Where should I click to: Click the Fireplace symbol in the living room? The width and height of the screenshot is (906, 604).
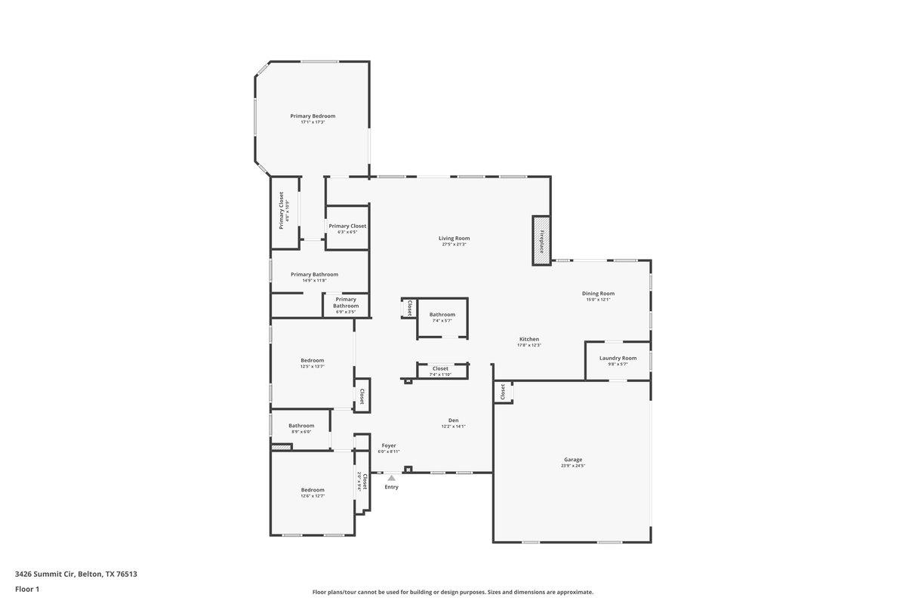pyautogui.click(x=541, y=241)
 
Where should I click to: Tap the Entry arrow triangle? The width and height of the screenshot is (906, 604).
pyautogui.click(x=391, y=478)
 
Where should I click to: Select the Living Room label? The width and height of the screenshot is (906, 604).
pyautogui.click(x=454, y=239)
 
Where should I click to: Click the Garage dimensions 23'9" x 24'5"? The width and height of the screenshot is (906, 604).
pyautogui.click(x=573, y=466)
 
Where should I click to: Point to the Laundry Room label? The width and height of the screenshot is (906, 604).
pyautogui.click(x=618, y=358)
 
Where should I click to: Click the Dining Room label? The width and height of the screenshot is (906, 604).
pyautogui.click(x=598, y=293)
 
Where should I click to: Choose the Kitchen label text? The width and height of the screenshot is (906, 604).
pyautogui.click(x=528, y=339)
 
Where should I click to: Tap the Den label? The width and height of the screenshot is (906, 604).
pyautogui.click(x=453, y=421)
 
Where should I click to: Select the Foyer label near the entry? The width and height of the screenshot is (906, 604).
pyautogui.click(x=388, y=445)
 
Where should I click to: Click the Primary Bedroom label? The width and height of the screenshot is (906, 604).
pyautogui.click(x=313, y=116)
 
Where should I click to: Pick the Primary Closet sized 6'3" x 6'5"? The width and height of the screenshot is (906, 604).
pyautogui.click(x=347, y=226)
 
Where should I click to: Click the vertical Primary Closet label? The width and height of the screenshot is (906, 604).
pyautogui.click(x=281, y=211)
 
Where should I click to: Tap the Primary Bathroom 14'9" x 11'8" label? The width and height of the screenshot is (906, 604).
pyautogui.click(x=314, y=274)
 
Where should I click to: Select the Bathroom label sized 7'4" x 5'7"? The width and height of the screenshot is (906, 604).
pyautogui.click(x=442, y=314)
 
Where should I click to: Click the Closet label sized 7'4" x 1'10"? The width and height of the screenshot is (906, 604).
pyautogui.click(x=440, y=368)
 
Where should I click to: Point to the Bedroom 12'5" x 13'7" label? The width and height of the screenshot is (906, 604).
pyautogui.click(x=312, y=360)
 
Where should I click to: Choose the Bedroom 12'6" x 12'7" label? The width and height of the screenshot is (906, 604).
pyautogui.click(x=312, y=489)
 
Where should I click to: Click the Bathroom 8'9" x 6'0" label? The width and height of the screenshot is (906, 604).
pyautogui.click(x=300, y=426)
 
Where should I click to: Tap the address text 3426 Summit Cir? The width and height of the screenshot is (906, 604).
pyautogui.click(x=75, y=574)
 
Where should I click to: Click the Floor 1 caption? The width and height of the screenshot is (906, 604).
pyautogui.click(x=27, y=589)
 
